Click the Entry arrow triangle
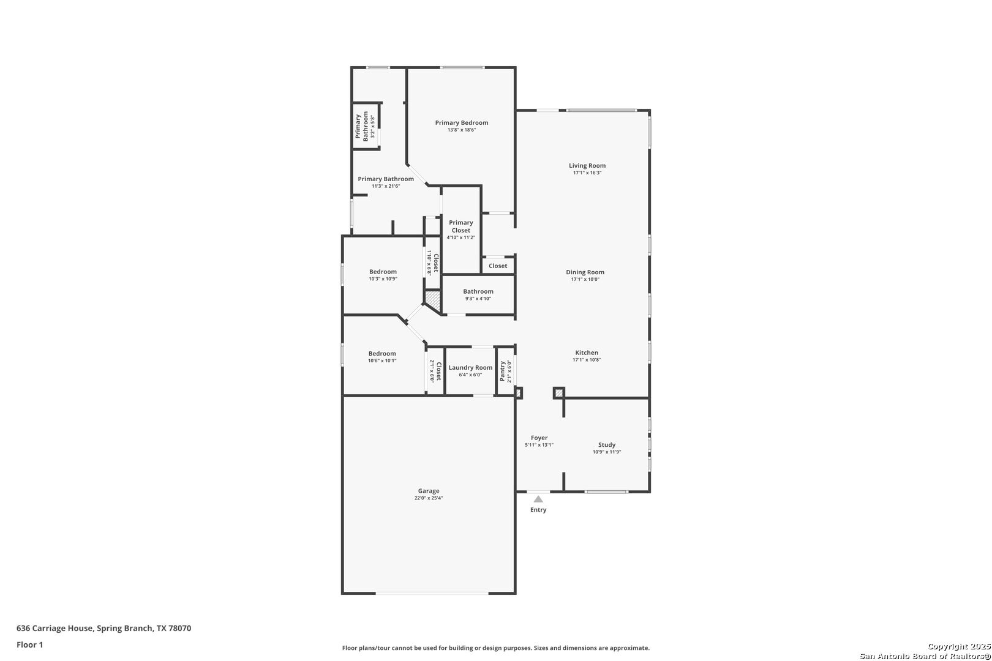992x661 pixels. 538,499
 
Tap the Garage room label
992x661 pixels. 429,491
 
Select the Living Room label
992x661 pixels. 587,166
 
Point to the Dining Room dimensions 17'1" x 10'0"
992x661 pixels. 585,279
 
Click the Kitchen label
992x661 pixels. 587,353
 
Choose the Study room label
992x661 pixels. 607,445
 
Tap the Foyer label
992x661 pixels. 539,438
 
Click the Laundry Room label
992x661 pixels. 470,367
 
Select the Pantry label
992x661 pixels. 502,371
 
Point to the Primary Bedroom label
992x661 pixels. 462,122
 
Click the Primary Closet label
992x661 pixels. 461,226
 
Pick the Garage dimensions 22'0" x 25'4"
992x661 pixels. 429,498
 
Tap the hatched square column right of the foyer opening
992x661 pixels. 559,393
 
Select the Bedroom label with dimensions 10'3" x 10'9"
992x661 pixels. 383,272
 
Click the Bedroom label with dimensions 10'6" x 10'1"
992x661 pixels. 382,353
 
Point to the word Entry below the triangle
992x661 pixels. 538,510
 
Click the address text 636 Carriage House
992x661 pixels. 55,628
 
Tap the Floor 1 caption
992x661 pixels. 29,644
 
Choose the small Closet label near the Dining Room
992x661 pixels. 498,266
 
